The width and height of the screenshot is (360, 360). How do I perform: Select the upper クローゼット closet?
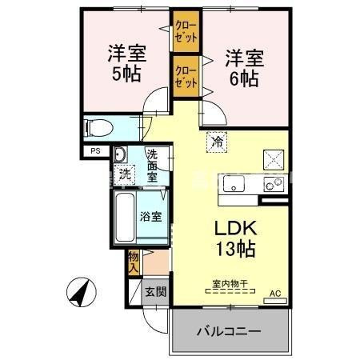tap(186, 31)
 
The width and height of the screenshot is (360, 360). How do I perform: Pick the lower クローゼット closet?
tap(186, 76)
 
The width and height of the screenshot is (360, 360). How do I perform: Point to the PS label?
tap(95, 151)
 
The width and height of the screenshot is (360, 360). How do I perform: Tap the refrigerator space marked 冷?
tap(218, 142)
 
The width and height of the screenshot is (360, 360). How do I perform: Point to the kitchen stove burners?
tap(274, 184)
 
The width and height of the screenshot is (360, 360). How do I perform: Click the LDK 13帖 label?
tap(234, 238)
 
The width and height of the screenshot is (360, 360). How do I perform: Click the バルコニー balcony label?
tap(228, 330)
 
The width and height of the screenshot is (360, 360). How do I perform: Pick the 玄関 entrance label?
tap(155, 292)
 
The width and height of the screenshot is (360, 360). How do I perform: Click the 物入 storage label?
tap(134, 261)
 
